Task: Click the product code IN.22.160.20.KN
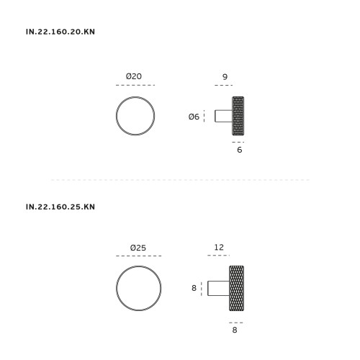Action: point(60,32)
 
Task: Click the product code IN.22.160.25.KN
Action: point(60,207)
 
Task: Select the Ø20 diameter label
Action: point(134,76)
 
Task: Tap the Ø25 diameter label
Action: point(138,248)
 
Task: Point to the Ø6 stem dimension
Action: point(194,117)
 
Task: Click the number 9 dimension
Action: point(225,77)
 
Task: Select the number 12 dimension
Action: point(219,247)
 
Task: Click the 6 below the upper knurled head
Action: point(239,150)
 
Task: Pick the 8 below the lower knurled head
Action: point(235,330)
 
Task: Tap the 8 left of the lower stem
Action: point(194,288)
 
